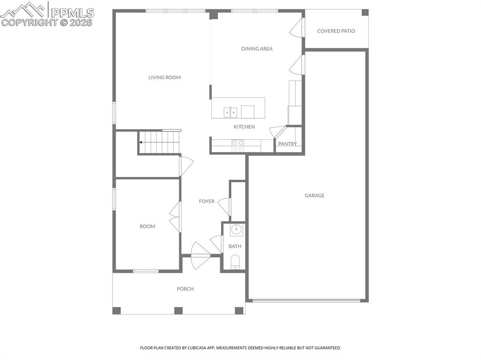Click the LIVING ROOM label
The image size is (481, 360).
click(x=164, y=77)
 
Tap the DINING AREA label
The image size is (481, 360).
click(x=257, y=49)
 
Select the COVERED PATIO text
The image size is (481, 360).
click(x=336, y=31)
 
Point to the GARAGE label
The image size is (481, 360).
click(x=315, y=196)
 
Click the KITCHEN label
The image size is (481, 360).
click(x=244, y=127)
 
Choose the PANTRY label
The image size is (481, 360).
click(x=287, y=144)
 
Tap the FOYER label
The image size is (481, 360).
click(x=207, y=201)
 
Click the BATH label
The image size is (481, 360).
click(x=235, y=246)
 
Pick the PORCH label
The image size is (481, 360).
click(x=185, y=289)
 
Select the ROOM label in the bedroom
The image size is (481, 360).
click(x=147, y=227)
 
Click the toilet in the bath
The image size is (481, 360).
click(x=235, y=261)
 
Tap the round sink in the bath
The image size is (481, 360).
click(x=236, y=230)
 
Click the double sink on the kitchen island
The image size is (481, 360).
click(x=230, y=112)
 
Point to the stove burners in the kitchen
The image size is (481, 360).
click(x=238, y=146)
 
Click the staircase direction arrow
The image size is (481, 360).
click(x=140, y=142)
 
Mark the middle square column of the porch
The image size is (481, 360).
click(x=178, y=310)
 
